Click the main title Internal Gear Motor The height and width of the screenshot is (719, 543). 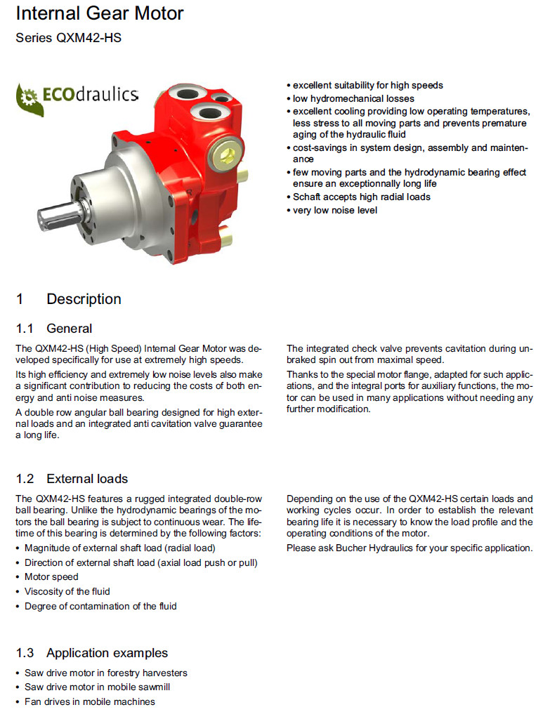[x=99, y=13]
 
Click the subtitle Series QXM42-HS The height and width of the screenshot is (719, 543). [x=68, y=38]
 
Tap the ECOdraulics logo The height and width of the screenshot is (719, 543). [x=77, y=94]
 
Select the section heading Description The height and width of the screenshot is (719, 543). [x=84, y=299]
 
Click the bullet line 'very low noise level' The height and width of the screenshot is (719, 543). [x=334, y=210]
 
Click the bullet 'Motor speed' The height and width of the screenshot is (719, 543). [x=51, y=576]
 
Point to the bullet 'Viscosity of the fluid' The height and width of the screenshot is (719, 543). [x=67, y=591]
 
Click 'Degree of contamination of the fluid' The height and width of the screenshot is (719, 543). [x=100, y=606]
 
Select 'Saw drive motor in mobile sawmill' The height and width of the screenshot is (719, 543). [x=97, y=687]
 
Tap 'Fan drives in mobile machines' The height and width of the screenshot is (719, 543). [x=89, y=701]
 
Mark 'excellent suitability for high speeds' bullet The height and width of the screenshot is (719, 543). [x=367, y=85]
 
